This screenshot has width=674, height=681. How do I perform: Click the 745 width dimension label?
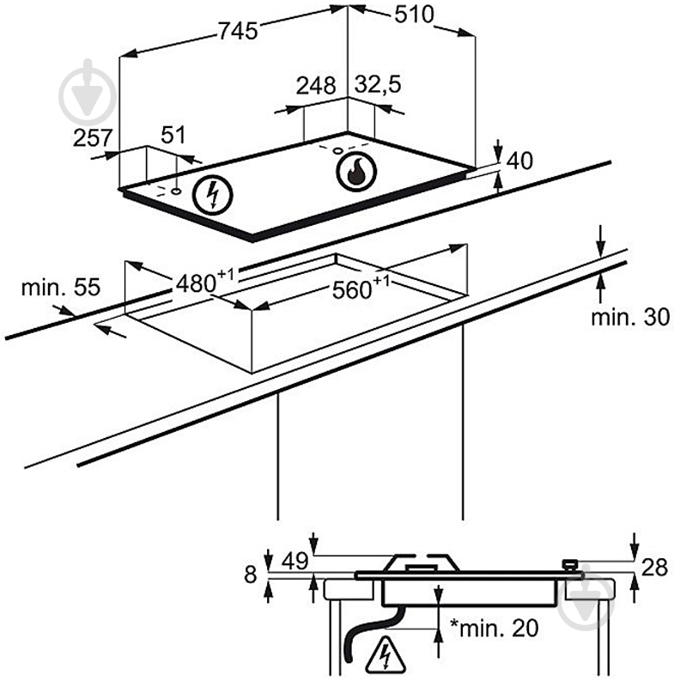[x=238, y=31]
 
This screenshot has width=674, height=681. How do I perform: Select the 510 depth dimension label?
[x=414, y=15]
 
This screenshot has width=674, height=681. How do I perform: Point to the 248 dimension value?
[x=316, y=86]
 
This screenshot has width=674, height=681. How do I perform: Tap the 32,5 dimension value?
[x=378, y=84]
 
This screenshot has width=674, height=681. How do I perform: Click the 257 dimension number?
[x=93, y=138]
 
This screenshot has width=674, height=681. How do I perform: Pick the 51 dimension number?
[x=173, y=135]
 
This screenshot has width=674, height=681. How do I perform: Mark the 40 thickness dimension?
[x=519, y=161]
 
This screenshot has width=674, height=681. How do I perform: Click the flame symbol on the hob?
[x=355, y=171]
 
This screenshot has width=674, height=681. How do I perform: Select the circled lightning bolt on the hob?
[x=212, y=195]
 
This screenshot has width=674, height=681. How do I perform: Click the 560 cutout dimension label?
[x=361, y=287]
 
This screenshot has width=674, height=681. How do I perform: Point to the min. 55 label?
[x=60, y=287]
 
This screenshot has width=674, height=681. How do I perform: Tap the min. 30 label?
[x=630, y=317]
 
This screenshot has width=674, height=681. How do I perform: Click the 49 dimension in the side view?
[x=294, y=561]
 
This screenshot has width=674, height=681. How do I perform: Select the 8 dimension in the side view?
[x=250, y=575]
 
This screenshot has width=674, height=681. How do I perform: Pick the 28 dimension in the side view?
[x=654, y=567]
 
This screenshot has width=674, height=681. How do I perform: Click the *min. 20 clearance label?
[x=495, y=628]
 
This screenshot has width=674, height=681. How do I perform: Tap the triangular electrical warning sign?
[x=385, y=654]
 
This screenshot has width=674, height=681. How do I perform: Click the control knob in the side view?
[x=569, y=565]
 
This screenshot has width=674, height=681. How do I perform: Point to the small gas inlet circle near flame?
[x=337, y=150]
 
